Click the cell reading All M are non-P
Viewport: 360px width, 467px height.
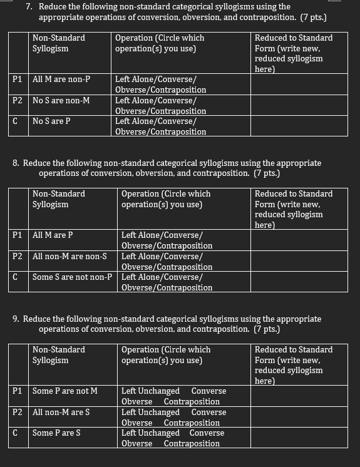[61, 80]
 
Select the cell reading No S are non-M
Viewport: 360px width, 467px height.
[61, 100]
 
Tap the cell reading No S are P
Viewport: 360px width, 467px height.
[51, 121]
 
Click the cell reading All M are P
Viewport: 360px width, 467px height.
[53, 235]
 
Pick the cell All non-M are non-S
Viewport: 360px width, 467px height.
[69, 256]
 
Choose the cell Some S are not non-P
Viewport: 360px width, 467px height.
[72, 277]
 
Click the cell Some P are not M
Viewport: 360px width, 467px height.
[65, 391]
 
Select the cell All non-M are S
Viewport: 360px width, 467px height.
[61, 412]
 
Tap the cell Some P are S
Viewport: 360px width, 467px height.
[56, 433]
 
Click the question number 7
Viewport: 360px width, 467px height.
[29, 7]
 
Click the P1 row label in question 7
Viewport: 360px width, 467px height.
[18, 80]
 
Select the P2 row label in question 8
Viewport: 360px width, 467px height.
[18, 256]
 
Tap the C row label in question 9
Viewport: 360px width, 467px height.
[15, 433]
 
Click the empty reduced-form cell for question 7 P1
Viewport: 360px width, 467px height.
[299, 84]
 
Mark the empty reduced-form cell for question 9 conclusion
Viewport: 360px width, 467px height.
[299, 438]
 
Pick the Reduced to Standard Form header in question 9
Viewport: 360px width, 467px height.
[294, 365]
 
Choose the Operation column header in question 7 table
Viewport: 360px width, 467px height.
[160, 43]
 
